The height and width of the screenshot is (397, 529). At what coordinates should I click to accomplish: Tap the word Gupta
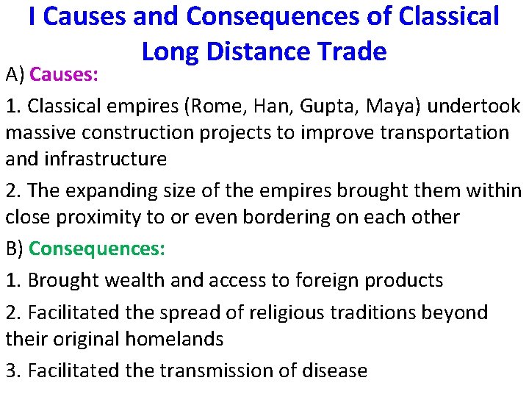[x=318, y=106]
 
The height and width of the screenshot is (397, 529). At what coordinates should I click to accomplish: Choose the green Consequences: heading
[x=97, y=248]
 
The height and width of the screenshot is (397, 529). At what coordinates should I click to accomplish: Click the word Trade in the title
[x=350, y=51]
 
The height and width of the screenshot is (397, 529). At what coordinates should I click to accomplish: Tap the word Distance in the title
[x=253, y=51]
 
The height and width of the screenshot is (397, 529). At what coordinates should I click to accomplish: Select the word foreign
[x=323, y=280]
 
